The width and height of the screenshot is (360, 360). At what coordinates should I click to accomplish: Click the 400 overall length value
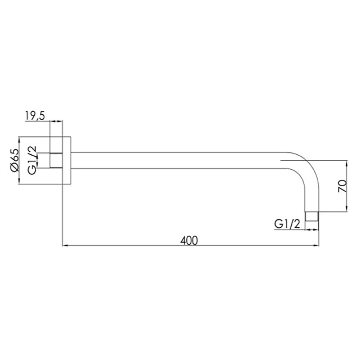tap(189, 240)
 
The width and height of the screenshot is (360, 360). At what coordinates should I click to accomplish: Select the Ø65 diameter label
tap(13, 160)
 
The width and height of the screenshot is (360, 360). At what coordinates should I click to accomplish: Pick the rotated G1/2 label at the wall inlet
tap(32, 160)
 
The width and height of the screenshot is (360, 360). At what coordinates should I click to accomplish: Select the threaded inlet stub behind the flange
tap(55, 160)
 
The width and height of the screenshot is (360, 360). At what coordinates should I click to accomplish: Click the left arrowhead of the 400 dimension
tap(64, 246)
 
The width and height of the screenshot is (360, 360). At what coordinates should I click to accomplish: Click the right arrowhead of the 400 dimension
tap(316, 246)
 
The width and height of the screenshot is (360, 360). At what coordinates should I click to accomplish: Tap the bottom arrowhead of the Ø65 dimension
tap(19, 182)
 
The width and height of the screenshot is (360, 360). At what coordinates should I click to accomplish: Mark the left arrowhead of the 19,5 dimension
tap(52, 121)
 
